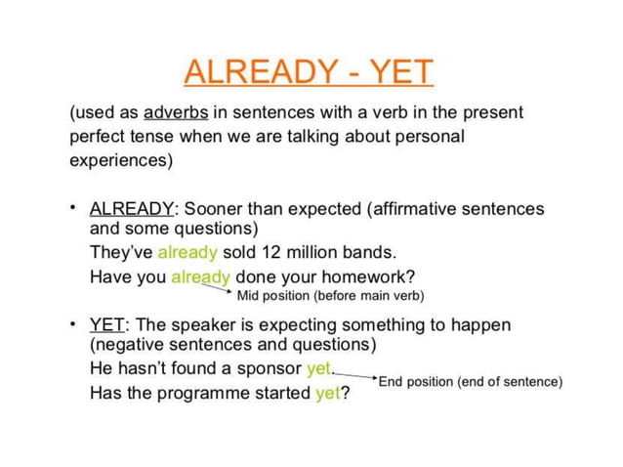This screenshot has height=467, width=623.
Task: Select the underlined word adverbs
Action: (x=176, y=112)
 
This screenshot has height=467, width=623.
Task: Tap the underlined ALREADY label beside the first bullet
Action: (x=132, y=209)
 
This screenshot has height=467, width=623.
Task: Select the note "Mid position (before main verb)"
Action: (x=331, y=295)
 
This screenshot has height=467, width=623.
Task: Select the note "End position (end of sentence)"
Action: (x=471, y=381)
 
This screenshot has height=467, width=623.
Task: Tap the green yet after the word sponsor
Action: (x=319, y=368)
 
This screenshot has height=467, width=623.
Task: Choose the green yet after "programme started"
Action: (x=326, y=394)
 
